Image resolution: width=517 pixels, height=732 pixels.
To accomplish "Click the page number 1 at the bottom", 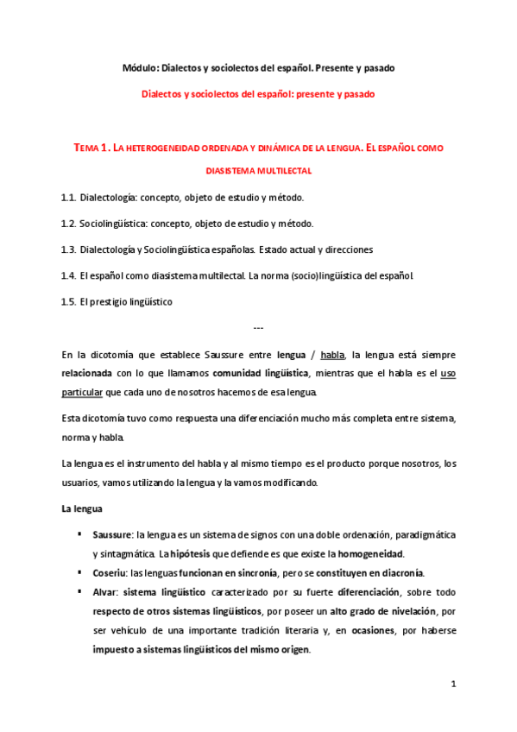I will point(452,684).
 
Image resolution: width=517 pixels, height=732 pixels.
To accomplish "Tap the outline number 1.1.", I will point(69,198).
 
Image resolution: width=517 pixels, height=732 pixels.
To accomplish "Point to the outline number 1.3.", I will point(69,249).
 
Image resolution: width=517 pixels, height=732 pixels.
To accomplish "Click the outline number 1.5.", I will point(69,301).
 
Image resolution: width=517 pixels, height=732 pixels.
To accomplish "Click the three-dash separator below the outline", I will point(258,328).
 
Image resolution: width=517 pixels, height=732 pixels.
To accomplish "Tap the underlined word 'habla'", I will point(333,354).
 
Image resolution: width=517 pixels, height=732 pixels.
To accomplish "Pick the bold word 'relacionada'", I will point(88,374).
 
